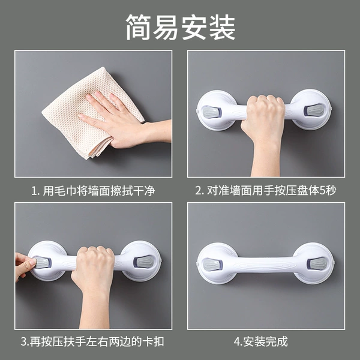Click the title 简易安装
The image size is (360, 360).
tap(181, 27)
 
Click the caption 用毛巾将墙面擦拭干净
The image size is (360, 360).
tap(99, 191)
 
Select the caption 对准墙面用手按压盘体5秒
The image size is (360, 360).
tap(272, 190)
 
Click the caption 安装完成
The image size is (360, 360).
tap(265, 341)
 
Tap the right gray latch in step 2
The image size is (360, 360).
tap(314, 110)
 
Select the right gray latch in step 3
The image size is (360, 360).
tap(143, 262)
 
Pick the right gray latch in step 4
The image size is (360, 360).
tap(317, 263)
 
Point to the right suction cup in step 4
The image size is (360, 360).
tap(313, 263)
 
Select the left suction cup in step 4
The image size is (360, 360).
tap(217, 263)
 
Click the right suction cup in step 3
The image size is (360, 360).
tap(140, 261)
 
